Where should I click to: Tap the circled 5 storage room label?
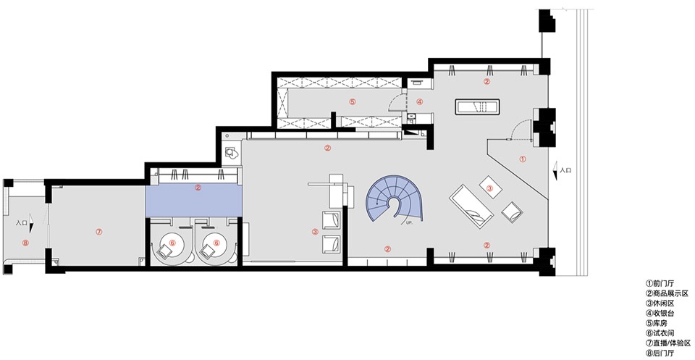pos(353,101)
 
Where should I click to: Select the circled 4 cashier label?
pos(420,101)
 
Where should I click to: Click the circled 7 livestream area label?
pos(99,232)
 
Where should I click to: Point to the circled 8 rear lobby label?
pos(25,243)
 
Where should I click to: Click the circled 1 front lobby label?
pos(522,159)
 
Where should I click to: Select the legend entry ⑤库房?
pos(657,322)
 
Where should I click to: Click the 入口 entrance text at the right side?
pos(565,169)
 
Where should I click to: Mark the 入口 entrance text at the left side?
pos(21,223)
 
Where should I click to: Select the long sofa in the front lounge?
pos(471,206)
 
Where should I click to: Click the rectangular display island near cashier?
pos(478,107)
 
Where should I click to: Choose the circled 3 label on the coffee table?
pos(490,188)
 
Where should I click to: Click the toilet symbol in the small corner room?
pos(230,153)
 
